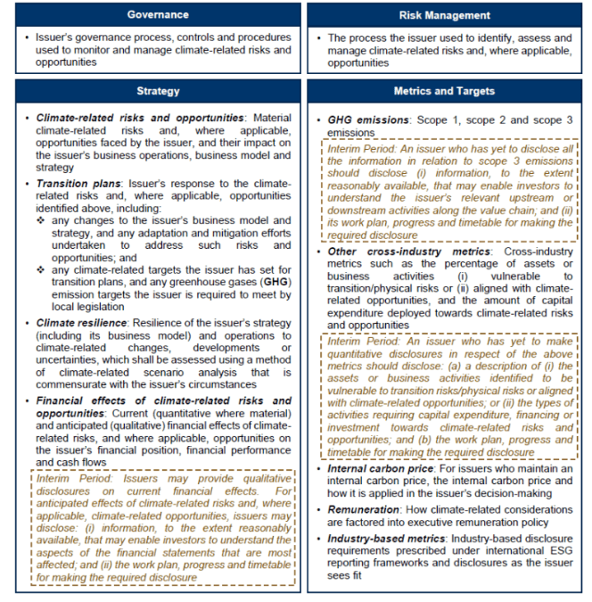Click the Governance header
click(x=158, y=15)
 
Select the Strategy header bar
click(x=158, y=91)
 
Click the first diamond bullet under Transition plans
click(x=40, y=219)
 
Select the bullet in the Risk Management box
click(x=319, y=39)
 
